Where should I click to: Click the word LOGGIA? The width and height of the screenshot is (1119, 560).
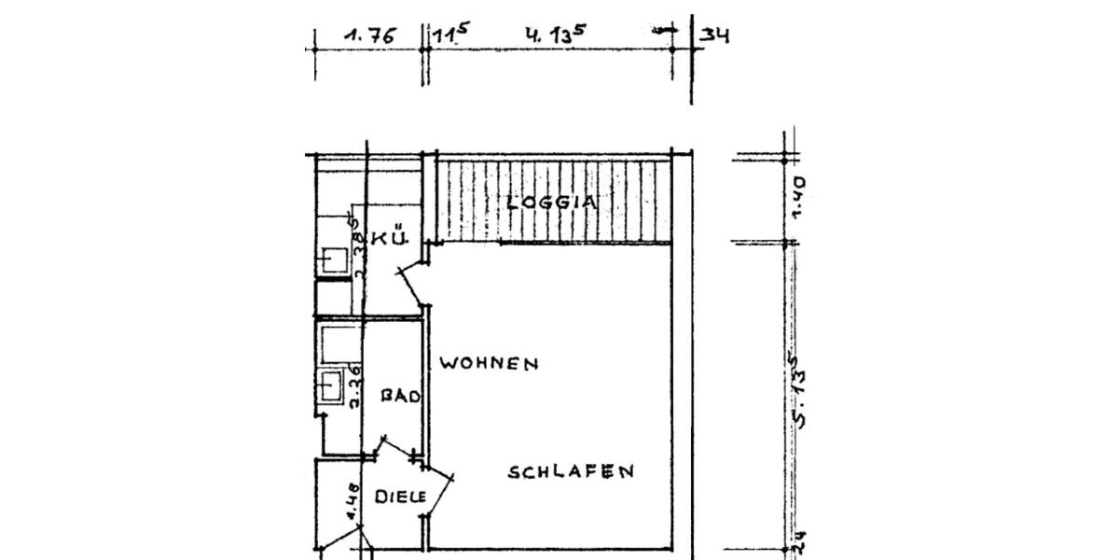[x=552, y=202]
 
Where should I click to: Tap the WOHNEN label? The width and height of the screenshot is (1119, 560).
[x=489, y=364]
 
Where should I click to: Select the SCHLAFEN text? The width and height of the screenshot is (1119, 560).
[x=571, y=472]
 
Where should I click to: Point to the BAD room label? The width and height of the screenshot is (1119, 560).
[x=402, y=397]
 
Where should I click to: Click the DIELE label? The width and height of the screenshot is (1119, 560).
[x=400, y=497]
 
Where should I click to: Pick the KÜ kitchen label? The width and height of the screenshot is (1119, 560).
[x=391, y=239]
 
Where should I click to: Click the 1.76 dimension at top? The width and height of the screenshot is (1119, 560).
[x=370, y=36]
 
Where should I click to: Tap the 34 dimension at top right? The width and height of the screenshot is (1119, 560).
[x=714, y=36]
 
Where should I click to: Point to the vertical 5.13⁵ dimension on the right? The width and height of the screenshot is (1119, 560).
[x=799, y=389]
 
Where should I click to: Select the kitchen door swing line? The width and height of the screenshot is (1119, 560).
[x=411, y=287]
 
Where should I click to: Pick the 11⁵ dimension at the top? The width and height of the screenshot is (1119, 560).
[x=449, y=36]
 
